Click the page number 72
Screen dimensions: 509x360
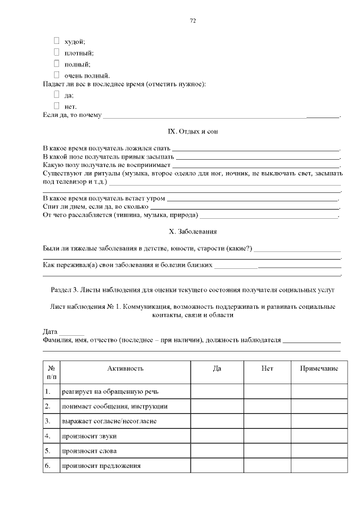pos(192,20)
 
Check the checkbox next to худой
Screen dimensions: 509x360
pos(56,40)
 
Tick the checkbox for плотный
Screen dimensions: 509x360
pos(56,52)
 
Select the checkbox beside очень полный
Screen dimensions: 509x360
pos(56,74)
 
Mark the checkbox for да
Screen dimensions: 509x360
pos(56,94)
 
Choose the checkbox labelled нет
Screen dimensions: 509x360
pos(56,105)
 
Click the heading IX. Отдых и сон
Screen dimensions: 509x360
pos(192,132)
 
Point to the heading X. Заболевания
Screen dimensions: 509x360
pos(192,232)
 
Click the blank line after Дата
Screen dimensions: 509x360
pos(71,332)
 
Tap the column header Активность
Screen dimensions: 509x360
pos(125,368)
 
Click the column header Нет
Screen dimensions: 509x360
pos(267,368)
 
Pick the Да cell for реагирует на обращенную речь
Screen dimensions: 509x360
pos(217,391)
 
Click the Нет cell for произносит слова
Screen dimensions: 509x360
pos(267,451)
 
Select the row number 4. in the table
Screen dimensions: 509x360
pos(48,436)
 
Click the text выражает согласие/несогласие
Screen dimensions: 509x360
pos(109,421)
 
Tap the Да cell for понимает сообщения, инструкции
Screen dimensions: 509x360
pos(217,406)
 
